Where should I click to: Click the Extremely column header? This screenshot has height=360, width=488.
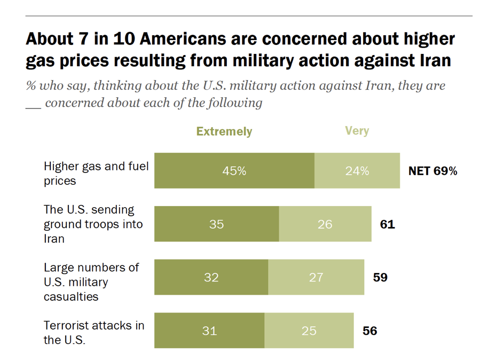pos(224,131)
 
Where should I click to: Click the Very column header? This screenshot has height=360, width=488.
pos(357,131)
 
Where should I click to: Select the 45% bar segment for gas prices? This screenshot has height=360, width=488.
pos(234,171)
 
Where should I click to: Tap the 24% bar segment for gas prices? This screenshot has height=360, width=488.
pos(357,171)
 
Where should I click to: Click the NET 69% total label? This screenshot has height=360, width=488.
pos(432,171)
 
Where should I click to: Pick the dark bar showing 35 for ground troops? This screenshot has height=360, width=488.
pos(216,224)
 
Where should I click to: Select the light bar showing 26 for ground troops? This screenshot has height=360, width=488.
pos(325,224)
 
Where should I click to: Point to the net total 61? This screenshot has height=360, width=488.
pos(387,224)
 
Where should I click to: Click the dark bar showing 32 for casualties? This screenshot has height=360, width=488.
pos(211,277)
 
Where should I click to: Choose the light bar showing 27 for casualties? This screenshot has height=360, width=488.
pos(316,277)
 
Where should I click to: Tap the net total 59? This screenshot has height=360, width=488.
pos(380,277)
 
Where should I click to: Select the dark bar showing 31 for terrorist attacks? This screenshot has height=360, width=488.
pos(209,331)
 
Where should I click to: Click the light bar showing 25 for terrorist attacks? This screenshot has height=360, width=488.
pos(309,331)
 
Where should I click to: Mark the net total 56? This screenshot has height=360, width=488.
pos(369,331)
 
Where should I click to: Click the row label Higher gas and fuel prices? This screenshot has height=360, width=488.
pos(96,173)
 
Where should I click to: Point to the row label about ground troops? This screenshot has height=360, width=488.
pos(93,224)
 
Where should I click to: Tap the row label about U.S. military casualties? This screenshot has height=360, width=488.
pos(91,281)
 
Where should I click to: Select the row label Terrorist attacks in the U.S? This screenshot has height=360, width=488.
pos(93,332)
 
